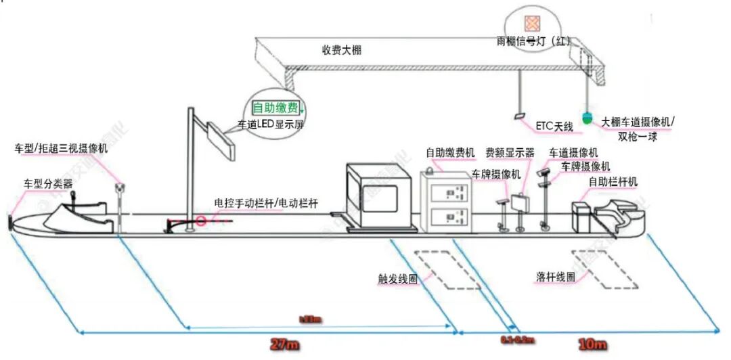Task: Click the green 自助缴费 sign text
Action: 275,108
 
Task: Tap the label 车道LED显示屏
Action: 269,125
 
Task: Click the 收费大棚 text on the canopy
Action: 342,50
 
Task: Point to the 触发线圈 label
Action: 398,279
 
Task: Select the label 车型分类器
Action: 48,183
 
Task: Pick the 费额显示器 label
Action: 510,153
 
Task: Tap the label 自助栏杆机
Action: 613,181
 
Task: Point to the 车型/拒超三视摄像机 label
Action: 62,149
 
